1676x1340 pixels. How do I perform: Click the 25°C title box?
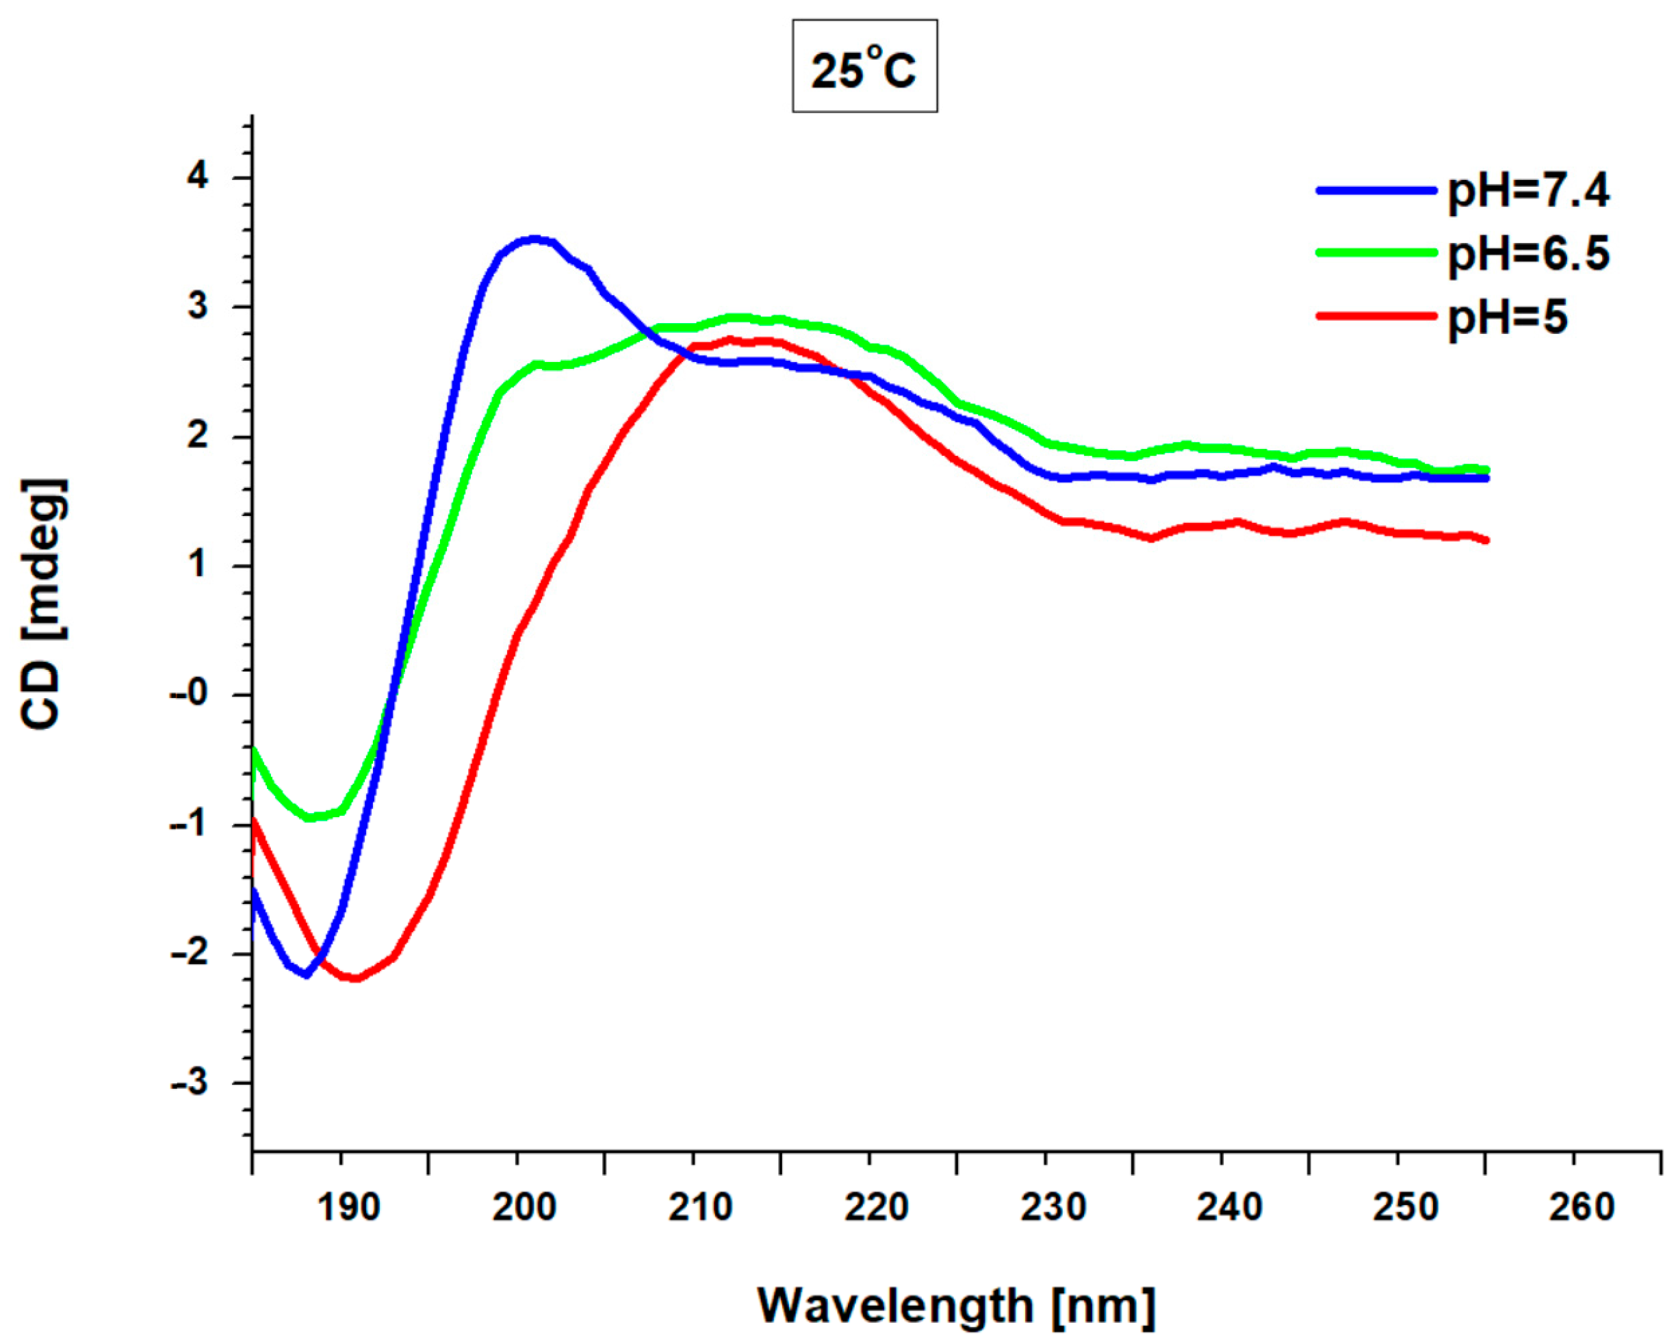(x=864, y=67)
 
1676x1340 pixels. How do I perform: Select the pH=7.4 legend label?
(x=1527, y=190)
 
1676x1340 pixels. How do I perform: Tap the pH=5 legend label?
(x=1506, y=317)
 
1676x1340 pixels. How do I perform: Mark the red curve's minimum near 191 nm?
(x=354, y=978)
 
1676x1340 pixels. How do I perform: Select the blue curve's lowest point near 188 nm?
(x=307, y=975)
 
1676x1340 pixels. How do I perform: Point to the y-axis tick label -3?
(x=190, y=1083)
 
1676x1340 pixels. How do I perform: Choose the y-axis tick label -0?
(x=190, y=694)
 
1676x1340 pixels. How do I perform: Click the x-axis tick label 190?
(x=348, y=1207)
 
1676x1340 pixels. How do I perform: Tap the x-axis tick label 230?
(x=1053, y=1207)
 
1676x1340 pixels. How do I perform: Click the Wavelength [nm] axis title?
(x=956, y=1305)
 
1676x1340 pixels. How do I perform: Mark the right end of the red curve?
(x=1486, y=540)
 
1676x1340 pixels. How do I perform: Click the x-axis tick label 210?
(x=699, y=1207)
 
